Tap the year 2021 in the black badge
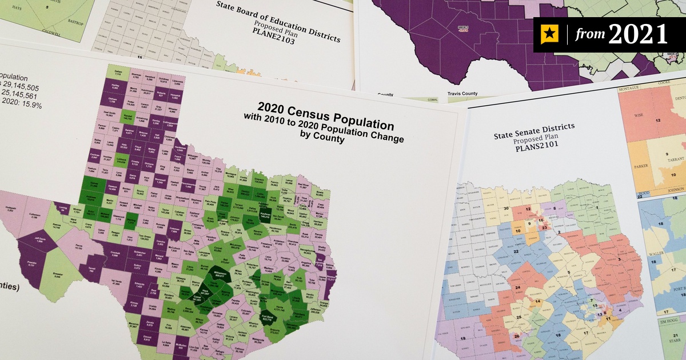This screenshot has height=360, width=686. coord(638,35)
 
